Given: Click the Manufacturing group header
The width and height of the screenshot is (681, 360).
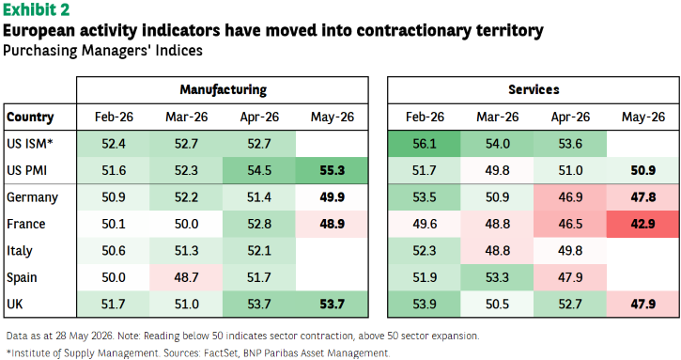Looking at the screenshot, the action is point(224,89).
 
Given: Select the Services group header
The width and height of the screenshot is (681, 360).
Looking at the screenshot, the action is point(534,89).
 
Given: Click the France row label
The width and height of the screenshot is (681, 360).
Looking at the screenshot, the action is point(26,224).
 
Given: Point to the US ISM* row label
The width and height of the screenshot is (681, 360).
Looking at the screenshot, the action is point(30,144).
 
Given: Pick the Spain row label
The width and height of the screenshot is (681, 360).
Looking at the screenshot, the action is point(22,277).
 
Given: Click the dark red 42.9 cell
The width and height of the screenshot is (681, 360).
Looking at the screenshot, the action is point(643,224).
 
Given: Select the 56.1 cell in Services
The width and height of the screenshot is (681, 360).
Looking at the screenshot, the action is point(425,144).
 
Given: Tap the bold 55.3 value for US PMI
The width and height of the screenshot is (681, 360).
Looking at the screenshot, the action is point(333,170).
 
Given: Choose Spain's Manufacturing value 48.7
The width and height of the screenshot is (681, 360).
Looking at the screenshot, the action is point(186,277).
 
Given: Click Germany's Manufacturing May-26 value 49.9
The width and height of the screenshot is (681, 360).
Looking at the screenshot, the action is point(333,197).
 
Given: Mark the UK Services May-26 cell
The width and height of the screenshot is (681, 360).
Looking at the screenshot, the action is point(643,304).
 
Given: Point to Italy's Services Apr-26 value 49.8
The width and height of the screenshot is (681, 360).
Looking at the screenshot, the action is point(570,250).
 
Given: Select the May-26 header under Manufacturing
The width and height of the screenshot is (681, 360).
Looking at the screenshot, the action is point(333,117).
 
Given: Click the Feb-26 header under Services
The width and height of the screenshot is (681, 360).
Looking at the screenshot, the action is point(425,117).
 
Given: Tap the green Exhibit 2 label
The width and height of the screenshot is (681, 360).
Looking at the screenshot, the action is point(36,9).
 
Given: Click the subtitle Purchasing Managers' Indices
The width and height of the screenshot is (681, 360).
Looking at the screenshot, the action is point(102,51).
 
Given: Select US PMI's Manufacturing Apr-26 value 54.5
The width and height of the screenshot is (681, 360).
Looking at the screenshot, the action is point(259,170).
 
